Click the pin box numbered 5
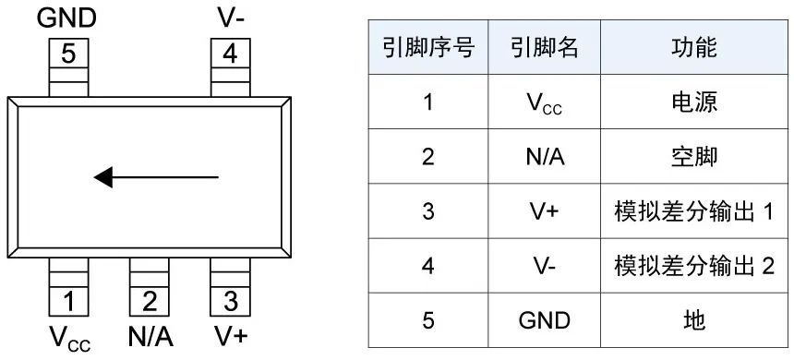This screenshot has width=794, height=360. click(x=68, y=54)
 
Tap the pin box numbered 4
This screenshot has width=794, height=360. click(x=230, y=54)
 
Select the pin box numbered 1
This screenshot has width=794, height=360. click(x=68, y=301)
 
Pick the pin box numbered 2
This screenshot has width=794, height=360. click(x=150, y=301)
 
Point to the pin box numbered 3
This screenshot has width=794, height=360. click(x=230, y=301)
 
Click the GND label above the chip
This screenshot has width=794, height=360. click(x=66, y=18)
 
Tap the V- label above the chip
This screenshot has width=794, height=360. click(x=230, y=18)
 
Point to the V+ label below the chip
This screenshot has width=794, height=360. click(x=231, y=336)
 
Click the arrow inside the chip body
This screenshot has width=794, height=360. click(x=156, y=175)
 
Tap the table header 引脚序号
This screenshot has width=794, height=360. click(x=427, y=48)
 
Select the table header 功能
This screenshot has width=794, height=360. click(x=693, y=48)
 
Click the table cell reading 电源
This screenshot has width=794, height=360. click(x=693, y=102)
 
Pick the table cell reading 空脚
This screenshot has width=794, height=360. click(x=693, y=157)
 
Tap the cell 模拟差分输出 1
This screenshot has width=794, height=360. click(x=693, y=211)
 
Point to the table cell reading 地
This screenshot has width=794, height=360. click(x=693, y=320)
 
